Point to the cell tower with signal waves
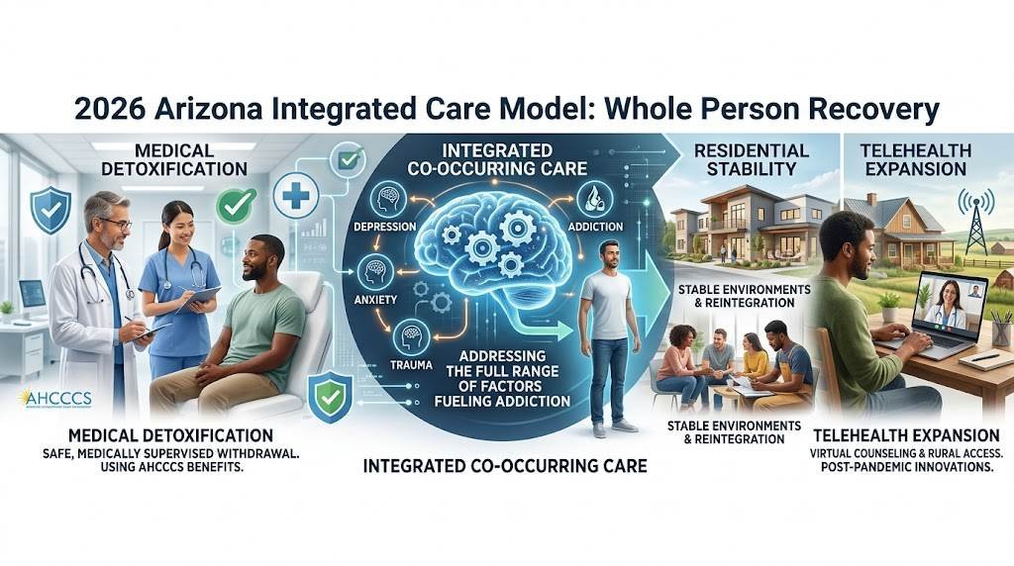(x=974, y=221)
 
